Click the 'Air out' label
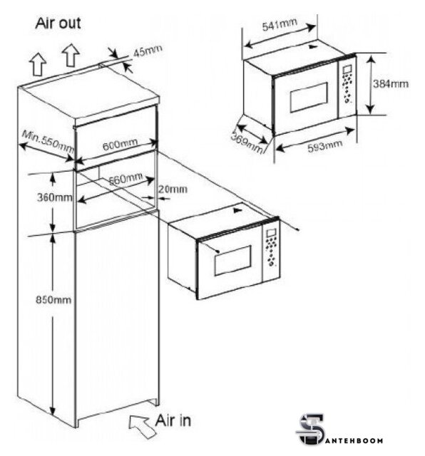pos(58,23)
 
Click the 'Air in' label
pos(173,420)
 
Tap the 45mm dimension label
pos(148,51)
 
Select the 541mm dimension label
pos(280,24)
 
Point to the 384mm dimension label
pos(391,84)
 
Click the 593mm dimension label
pos(325,145)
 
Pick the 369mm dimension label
pos(247,142)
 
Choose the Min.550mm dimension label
pos(48,140)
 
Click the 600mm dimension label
pos(120,144)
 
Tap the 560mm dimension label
pos(126,179)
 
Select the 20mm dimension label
pos(173,190)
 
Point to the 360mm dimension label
pos(54,197)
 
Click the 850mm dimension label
pos(53,299)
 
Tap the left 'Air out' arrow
pos(39,65)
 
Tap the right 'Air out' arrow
pos(71,56)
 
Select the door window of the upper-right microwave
pos(309,98)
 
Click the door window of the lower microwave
pos(233,261)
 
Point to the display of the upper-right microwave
pos(347,70)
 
